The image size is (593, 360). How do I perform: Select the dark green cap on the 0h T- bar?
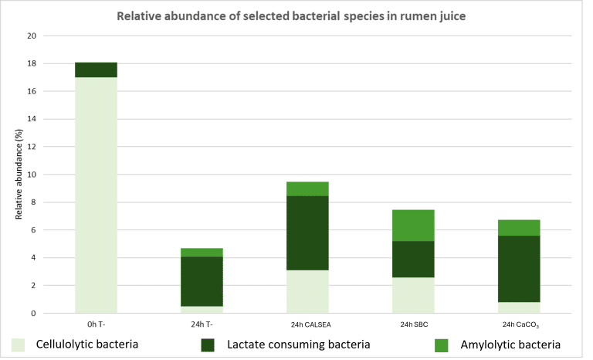point(96,70)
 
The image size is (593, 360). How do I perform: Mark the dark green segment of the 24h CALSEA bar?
point(307,233)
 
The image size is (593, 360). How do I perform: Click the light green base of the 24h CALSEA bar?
point(307,291)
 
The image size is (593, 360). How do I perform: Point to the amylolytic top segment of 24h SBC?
point(413,225)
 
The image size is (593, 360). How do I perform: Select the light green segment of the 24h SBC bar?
point(413,295)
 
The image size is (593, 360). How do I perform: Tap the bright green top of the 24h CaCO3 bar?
point(519,227)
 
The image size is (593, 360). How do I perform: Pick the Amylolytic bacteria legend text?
point(510,345)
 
